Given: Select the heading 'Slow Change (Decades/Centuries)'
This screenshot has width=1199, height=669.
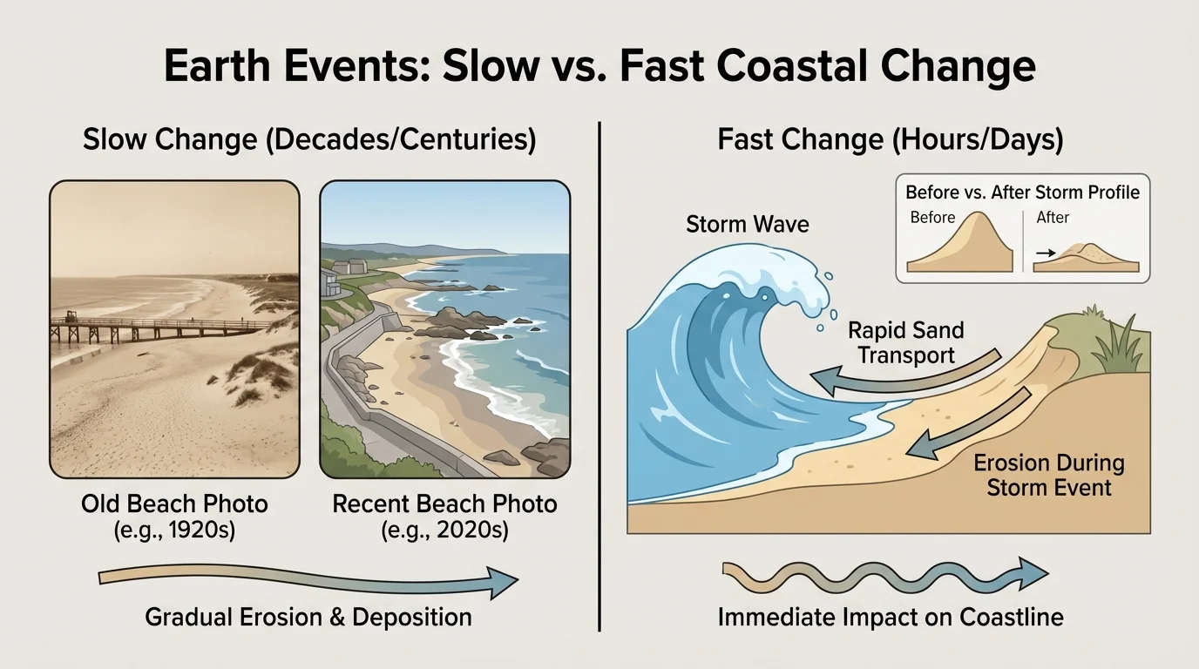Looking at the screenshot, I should [x=309, y=139].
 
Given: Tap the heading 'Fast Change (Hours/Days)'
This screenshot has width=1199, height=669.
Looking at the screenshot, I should [x=890, y=139].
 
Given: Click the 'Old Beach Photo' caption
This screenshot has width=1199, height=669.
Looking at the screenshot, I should [x=174, y=503].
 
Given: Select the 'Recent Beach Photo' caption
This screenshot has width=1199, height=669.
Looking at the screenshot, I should [x=444, y=503].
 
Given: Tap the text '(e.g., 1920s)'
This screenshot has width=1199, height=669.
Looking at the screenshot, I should [x=174, y=530].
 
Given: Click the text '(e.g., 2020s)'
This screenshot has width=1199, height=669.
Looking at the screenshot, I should [x=444, y=530].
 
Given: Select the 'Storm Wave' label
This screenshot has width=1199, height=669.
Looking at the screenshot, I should [x=748, y=224].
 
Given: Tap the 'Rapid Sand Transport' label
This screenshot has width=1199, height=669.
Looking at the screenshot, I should [x=906, y=342].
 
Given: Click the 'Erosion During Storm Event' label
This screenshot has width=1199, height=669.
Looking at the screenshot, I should [x=1049, y=475].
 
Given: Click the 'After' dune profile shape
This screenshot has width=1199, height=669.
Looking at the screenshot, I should [x=1089, y=257].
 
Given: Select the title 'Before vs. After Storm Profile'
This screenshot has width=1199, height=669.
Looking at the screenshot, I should [x=1022, y=192].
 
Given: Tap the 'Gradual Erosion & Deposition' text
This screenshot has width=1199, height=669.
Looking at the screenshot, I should [x=308, y=618].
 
